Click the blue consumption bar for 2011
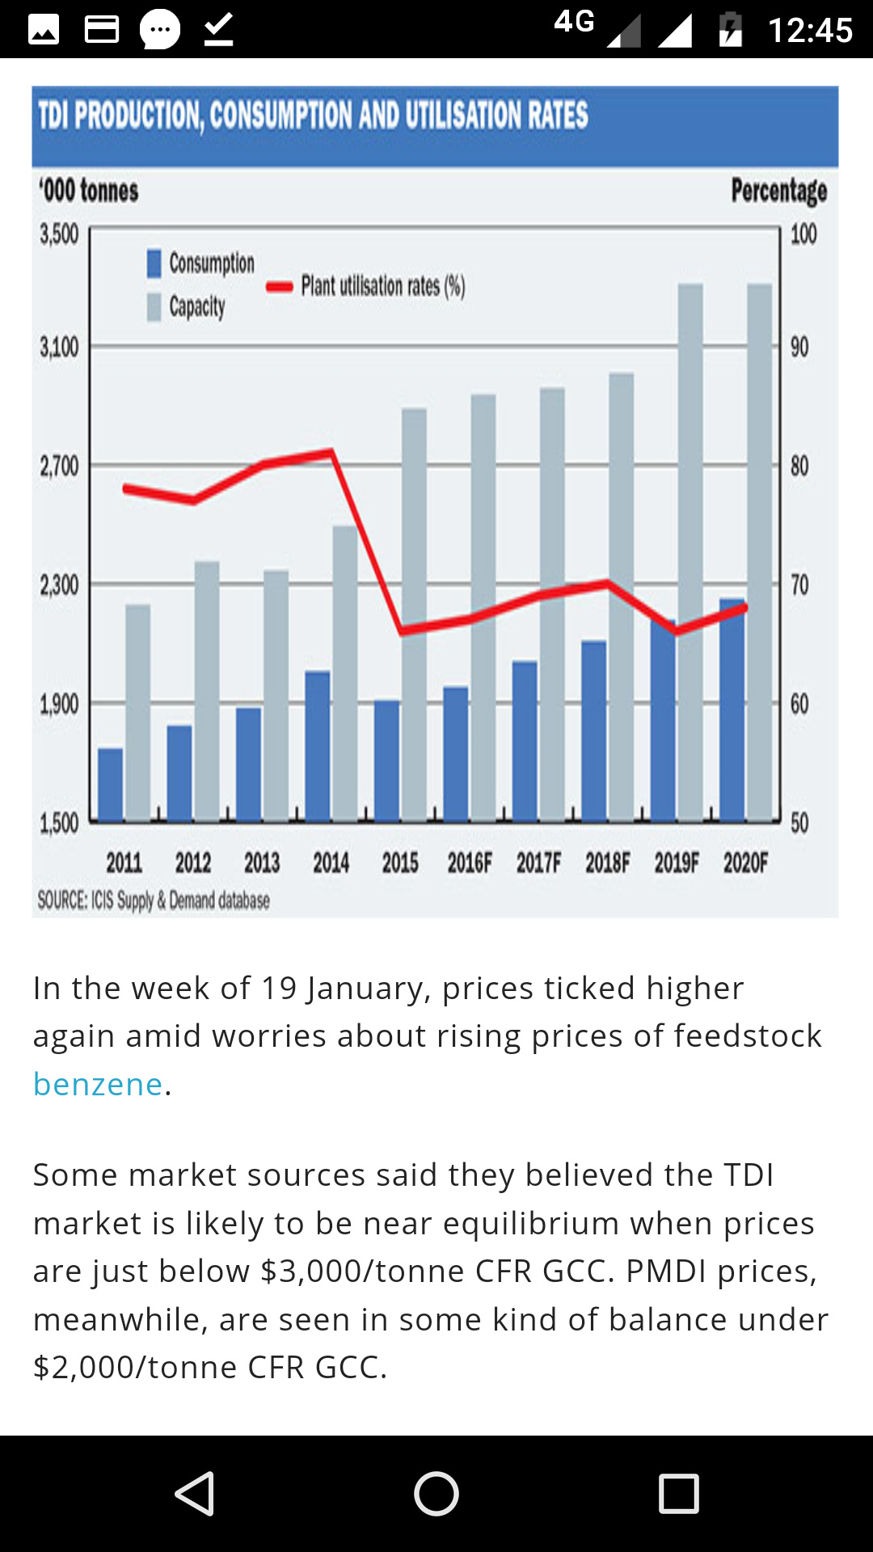[111, 784]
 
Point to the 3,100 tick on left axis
[59, 348]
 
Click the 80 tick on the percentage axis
[799, 466]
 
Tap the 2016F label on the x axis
[470, 863]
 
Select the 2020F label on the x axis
[745, 863]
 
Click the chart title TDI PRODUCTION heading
[313, 116]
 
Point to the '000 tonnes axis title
[89, 191]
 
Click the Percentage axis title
[778, 191]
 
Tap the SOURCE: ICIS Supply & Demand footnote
[154, 900]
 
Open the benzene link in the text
[98, 1084]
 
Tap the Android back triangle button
[195, 1493]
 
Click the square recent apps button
[678, 1493]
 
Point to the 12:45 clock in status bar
[810, 31]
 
